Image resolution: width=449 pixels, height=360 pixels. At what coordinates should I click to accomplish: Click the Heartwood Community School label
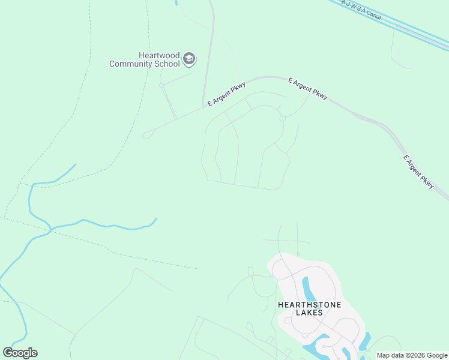click(144, 59)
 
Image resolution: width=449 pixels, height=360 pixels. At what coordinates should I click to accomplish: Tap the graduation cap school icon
click(189, 59)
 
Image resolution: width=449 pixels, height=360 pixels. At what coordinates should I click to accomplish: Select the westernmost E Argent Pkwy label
click(227, 94)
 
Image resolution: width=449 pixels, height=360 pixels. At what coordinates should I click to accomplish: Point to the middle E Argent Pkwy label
click(308, 88)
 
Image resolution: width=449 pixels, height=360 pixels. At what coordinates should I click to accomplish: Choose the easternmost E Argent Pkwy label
click(418, 172)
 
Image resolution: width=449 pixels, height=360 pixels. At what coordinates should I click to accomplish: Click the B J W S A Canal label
click(361, 9)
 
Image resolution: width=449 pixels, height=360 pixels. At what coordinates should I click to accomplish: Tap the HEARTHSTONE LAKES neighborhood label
click(309, 308)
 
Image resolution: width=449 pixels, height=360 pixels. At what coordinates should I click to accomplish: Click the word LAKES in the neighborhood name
click(309, 313)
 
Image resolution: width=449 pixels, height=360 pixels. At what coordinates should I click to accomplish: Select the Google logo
click(20, 353)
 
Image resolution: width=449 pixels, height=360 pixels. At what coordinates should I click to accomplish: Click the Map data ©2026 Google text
click(412, 355)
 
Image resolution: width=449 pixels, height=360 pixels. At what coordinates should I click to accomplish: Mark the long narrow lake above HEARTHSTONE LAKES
click(309, 291)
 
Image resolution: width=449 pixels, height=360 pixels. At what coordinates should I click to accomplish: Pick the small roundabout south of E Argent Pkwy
click(282, 119)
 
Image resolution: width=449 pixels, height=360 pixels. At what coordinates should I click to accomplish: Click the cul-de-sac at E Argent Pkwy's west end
click(146, 135)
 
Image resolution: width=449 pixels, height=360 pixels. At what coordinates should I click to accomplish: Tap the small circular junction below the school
click(161, 85)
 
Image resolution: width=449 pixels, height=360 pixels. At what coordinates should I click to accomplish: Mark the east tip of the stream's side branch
click(157, 218)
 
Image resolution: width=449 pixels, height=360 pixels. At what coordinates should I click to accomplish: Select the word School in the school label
click(166, 64)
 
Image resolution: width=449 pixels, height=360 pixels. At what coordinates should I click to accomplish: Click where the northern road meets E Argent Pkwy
click(204, 108)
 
